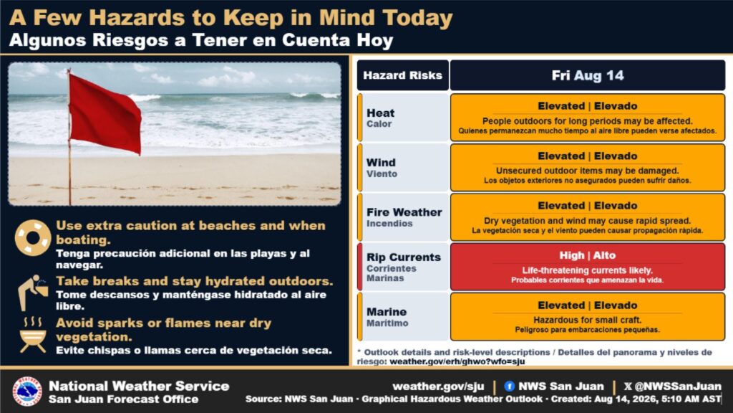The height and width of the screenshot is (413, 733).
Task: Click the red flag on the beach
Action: [x=105, y=114]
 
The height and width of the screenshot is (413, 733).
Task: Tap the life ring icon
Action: [x=33, y=238]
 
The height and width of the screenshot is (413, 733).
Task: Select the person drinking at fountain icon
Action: [x=33, y=293]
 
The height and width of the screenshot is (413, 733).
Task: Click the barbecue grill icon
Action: [x=33, y=335]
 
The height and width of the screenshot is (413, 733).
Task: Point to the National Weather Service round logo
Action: [x=27, y=391]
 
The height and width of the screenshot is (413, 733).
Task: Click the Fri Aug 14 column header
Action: [x=588, y=75]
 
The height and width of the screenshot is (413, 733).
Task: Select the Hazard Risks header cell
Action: [x=402, y=75]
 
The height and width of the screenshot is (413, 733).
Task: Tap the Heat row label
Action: [x=381, y=118]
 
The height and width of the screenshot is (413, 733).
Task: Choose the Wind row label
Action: [x=382, y=168]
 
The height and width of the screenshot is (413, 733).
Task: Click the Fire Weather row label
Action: [x=404, y=217]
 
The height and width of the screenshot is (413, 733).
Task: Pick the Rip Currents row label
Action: [x=404, y=267]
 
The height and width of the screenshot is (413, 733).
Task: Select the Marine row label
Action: [x=387, y=316]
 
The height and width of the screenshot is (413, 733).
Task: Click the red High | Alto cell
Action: [x=588, y=267]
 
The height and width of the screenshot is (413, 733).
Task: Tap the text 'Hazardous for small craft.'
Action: [x=588, y=321]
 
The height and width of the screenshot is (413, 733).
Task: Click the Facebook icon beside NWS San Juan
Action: [x=510, y=386]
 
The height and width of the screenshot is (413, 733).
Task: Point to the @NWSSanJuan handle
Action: [x=678, y=386]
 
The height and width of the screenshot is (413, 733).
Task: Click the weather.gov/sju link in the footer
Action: [x=439, y=386]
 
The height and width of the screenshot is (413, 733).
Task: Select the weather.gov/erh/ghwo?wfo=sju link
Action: [x=457, y=361]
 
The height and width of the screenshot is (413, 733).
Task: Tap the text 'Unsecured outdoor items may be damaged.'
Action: [x=588, y=171]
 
